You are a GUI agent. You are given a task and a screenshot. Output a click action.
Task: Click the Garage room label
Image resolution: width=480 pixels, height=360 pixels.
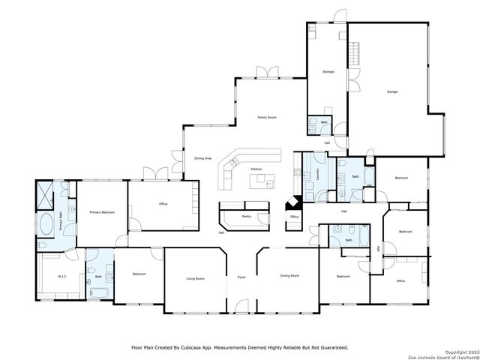click(x=391, y=91)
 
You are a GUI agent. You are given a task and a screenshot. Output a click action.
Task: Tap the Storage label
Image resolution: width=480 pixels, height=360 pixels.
click(x=328, y=72)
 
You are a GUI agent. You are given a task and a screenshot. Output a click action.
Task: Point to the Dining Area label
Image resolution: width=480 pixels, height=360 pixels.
click(x=202, y=158)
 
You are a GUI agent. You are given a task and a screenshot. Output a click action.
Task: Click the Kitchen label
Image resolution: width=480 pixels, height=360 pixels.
click(x=256, y=169)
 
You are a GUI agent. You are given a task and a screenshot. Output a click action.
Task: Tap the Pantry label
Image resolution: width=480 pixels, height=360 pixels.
click(x=246, y=216)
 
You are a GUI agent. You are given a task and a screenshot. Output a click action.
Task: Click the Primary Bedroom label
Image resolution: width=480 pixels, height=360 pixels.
click(x=102, y=213)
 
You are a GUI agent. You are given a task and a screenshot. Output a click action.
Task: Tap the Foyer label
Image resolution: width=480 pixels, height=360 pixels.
click(x=241, y=277)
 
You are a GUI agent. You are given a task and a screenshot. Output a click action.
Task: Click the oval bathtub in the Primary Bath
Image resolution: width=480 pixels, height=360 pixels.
click(x=46, y=223)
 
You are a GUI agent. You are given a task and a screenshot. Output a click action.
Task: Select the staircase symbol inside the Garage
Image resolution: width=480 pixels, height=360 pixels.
click(x=355, y=53)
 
